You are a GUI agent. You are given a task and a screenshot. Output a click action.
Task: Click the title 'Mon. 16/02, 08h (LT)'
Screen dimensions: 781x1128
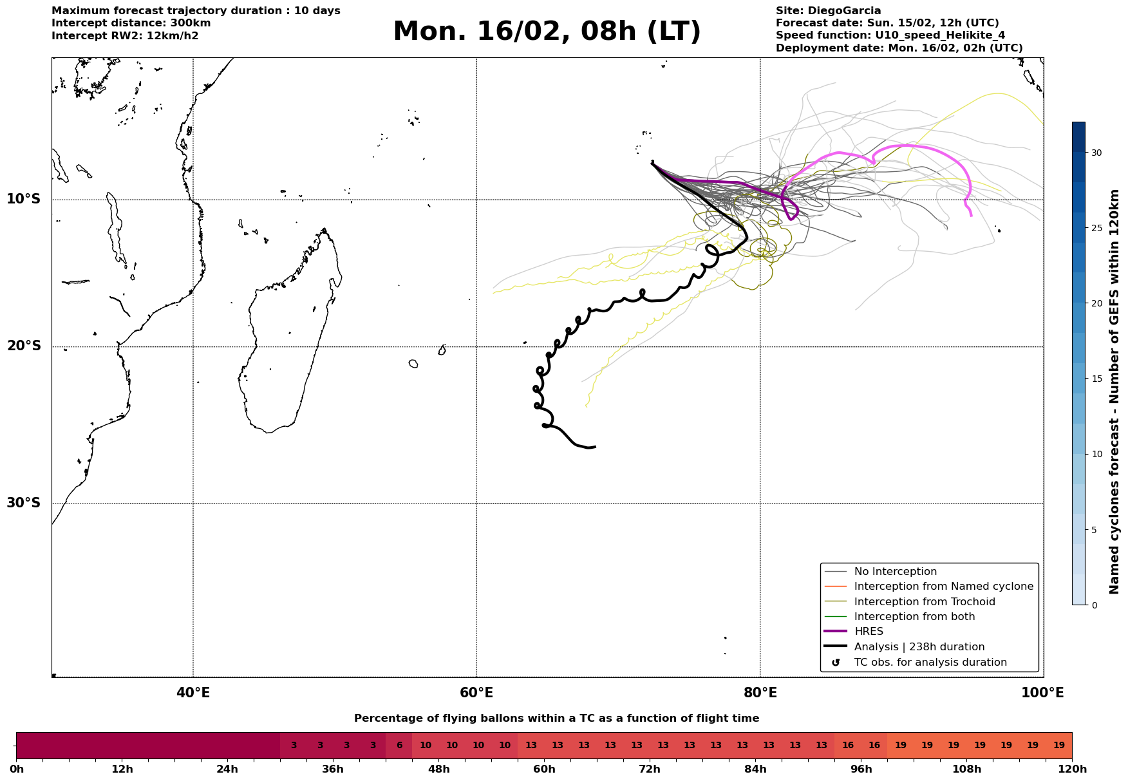coord(547,32)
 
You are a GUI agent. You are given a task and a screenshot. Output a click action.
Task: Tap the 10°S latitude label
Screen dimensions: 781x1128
coord(24,199)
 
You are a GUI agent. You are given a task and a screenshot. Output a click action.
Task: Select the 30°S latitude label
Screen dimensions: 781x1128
coord(24,503)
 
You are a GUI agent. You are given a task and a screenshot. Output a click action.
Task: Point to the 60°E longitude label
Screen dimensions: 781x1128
coord(476,693)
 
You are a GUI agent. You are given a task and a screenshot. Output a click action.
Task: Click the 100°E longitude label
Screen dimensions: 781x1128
coord(1043,693)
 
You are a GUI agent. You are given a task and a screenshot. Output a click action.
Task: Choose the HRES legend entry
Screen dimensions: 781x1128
coord(869,632)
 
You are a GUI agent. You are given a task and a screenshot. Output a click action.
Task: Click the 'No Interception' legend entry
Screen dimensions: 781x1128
coord(895,572)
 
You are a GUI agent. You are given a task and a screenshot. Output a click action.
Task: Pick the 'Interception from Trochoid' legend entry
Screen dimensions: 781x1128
coord(924,602)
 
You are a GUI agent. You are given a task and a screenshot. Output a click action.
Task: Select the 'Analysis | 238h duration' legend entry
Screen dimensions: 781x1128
coord(919,647)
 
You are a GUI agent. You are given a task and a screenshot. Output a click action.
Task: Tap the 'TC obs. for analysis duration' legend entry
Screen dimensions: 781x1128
coord(930,663)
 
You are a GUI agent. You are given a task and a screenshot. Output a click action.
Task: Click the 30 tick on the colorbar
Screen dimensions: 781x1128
coord(1096,153)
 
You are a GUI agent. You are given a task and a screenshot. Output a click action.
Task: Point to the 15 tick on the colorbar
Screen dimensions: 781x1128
coord(1096,379)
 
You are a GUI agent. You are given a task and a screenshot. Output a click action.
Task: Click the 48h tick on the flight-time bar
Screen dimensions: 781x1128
coord(438,769)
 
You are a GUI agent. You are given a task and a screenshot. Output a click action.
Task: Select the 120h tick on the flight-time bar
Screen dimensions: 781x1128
coord(1072,769)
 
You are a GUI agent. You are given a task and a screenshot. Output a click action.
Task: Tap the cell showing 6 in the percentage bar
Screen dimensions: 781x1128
coord(399,746)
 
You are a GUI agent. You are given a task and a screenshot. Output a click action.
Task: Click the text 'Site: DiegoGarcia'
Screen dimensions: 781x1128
coord(828,11)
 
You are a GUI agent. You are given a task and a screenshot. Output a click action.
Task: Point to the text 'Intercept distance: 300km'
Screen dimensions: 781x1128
coord(131,23)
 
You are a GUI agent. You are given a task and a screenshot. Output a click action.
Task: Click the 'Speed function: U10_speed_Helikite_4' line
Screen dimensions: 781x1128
coord(890,35)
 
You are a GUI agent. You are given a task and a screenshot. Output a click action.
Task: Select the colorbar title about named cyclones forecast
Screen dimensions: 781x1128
coord(1114,392)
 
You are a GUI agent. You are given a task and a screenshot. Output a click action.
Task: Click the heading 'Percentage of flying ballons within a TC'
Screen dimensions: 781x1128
coord(556,719)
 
